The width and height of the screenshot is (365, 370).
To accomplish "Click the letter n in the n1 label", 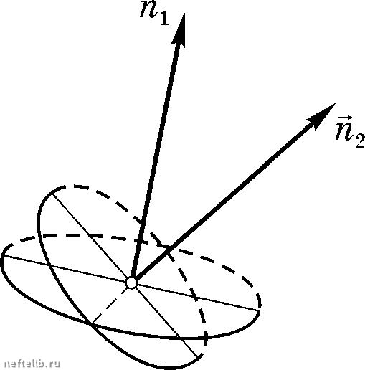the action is (148, 9).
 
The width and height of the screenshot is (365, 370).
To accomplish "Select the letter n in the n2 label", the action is (344, 131).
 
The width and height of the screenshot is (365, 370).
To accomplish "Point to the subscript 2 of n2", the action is (360, 141).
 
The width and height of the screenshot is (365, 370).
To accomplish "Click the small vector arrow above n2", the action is (345, 118).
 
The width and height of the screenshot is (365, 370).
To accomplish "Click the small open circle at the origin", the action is (131, 283).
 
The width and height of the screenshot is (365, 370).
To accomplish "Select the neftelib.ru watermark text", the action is (32, 364).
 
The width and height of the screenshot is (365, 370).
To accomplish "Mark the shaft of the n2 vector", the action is (224, 199).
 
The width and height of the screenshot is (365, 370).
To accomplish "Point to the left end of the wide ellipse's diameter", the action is (4, 256).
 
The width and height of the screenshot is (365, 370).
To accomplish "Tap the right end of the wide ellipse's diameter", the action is (260, 310).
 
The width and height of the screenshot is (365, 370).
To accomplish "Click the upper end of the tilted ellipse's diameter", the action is (52, 193).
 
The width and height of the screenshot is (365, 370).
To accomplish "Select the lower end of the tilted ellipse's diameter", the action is (197, 357).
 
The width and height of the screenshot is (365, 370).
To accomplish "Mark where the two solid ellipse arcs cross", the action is (90, 323).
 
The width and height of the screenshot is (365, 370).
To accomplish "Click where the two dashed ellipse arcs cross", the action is (162, 245).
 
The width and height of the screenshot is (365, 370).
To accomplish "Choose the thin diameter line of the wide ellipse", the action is (131, 283).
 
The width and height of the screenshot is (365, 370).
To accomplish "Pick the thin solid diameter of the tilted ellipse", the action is (125, 275).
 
